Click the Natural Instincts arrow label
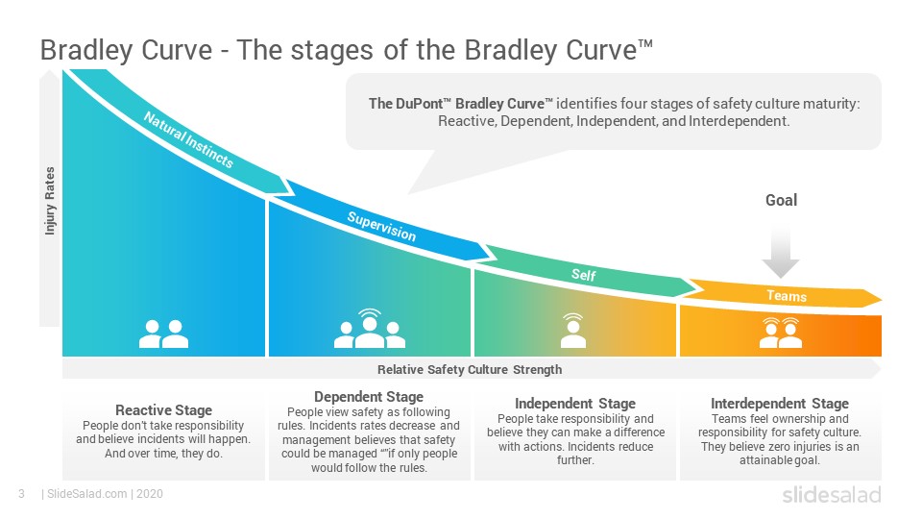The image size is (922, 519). [188, 140]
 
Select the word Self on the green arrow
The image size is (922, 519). [583, 275]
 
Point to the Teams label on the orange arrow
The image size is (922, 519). [787, 295]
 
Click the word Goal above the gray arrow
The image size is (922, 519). [781, 200]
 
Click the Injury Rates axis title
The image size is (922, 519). [50, 201]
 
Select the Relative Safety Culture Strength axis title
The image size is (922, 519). [470, 369]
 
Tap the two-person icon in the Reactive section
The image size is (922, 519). [163, 334]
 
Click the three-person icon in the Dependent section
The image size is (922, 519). [369, 329]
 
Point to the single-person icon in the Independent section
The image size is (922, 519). [572, 331]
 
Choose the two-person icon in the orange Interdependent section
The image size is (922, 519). [780, 334]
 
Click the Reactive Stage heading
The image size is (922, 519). [163, 410]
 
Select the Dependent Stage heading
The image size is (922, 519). [369, 397]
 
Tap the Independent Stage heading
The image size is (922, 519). [575, 404]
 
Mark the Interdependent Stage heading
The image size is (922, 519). [780, 404]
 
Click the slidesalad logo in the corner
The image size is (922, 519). [832, 495]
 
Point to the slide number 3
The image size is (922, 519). [22, 494]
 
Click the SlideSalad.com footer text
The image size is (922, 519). [87, 494]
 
